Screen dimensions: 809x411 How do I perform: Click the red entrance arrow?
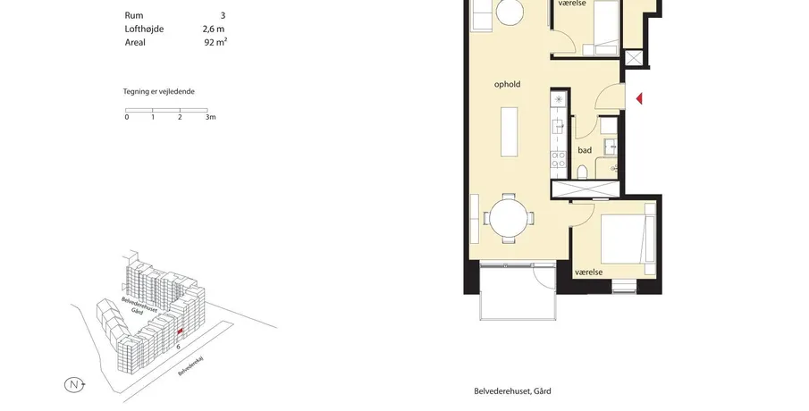639,98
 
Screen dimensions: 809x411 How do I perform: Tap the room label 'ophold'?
507,84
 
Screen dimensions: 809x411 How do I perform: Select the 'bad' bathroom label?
585,150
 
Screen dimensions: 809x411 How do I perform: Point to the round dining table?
510,218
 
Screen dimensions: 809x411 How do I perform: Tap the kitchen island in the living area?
510,131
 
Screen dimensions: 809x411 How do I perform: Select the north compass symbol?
75,384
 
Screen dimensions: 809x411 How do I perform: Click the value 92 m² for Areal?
215,42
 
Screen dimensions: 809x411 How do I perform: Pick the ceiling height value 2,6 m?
214,29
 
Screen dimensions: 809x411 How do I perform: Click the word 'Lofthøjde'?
144,29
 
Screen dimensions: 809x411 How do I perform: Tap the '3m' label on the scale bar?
210,117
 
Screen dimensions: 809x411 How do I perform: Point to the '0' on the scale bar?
127,117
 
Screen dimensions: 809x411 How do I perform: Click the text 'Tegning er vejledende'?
158,91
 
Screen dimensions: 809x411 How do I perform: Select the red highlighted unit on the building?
180,332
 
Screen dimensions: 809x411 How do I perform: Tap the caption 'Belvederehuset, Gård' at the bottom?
512,390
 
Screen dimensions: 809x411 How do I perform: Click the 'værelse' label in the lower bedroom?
589,272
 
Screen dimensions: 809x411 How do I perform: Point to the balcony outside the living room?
518,290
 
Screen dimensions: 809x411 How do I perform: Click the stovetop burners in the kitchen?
558,159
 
